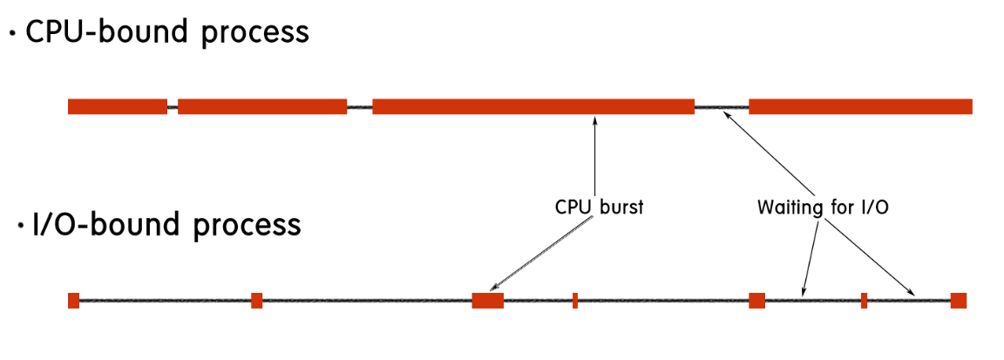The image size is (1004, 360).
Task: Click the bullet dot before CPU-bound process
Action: [12, 35]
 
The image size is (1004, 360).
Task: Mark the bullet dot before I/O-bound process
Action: [20, 227]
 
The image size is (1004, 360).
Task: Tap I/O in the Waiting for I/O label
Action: [872, 208]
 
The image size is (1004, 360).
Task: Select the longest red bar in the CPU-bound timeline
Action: [533, 106]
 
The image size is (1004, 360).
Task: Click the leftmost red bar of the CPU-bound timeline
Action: [117, 106]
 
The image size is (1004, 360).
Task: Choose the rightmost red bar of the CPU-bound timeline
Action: [860, 106]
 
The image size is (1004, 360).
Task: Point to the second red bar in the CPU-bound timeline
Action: [261, 106]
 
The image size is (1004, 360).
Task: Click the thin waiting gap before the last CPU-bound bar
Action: [722, 107]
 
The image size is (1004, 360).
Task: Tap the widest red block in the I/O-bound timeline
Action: [487, 301]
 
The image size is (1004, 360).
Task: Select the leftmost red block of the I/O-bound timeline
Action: [73, 301]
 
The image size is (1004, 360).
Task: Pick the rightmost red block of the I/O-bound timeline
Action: [958, 301]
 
